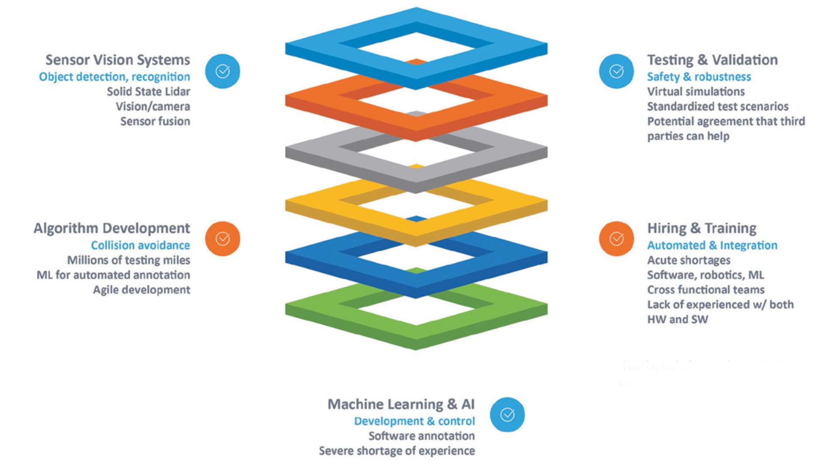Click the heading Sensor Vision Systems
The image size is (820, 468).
[118, 60]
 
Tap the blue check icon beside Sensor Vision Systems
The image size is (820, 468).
[222, 71]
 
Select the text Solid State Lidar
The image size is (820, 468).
[148, 92]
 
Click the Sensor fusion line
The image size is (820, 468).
[155, 121]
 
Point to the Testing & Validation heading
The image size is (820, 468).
[712, 60]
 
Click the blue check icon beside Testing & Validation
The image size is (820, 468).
[616, 71]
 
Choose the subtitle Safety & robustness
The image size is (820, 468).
[699, 77]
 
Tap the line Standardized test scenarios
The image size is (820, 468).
[717, 106]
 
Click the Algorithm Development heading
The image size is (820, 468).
[112, 228]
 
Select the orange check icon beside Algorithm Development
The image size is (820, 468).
[222, 239]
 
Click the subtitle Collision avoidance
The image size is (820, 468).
[140, 245]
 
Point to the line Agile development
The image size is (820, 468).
[142, 290]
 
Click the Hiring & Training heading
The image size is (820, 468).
[702, 228]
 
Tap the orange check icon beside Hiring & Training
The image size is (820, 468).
[616, 239]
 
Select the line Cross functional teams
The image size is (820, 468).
[705, 290]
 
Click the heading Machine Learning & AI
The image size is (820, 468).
[401, 404]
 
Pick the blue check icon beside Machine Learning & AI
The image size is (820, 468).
[507, 414]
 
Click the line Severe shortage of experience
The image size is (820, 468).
[397, 451]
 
